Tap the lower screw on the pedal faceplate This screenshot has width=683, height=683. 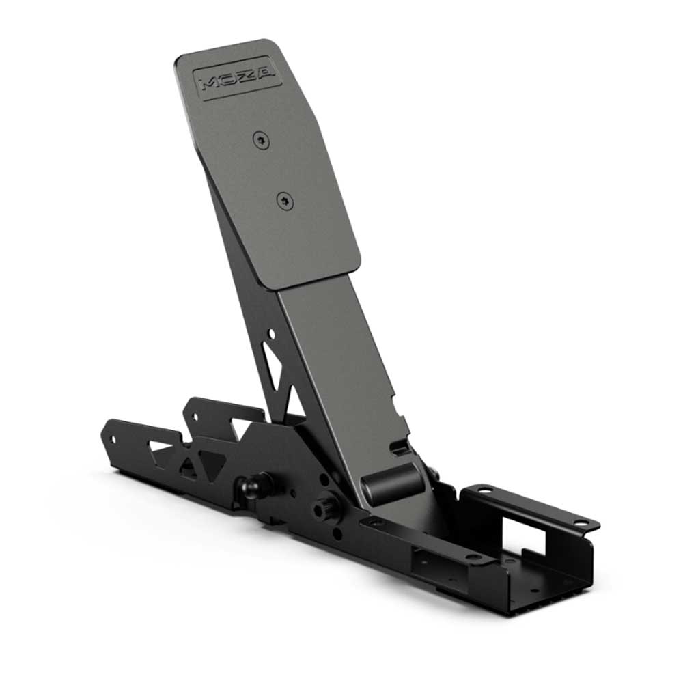[284, 199]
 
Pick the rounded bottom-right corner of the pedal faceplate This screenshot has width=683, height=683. [352, 263]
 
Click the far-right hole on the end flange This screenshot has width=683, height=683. [579, 521]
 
